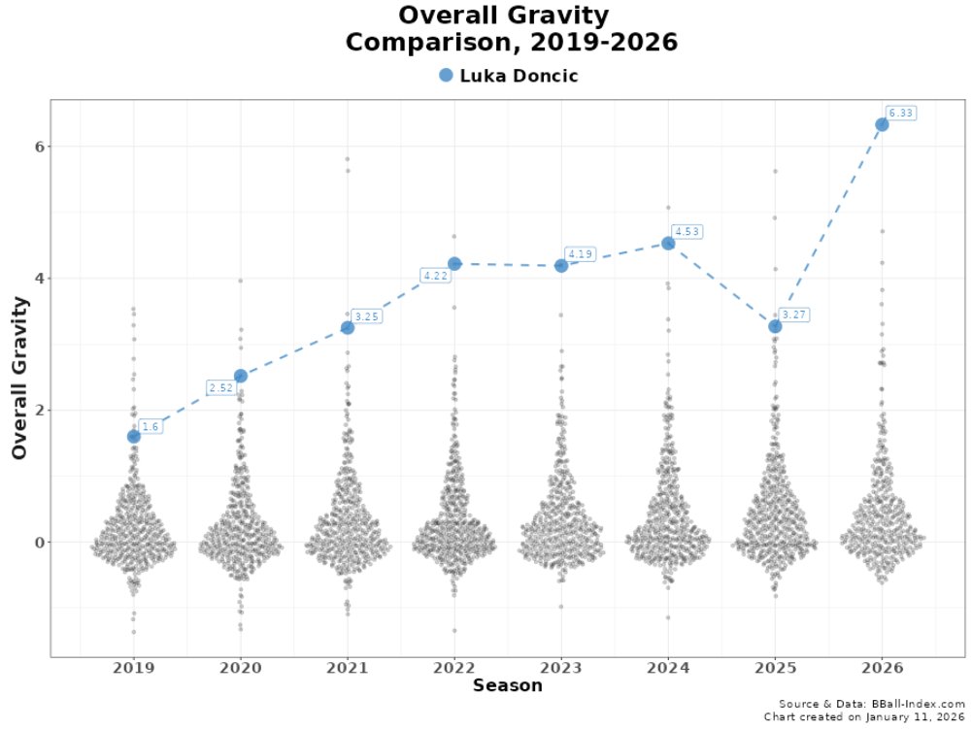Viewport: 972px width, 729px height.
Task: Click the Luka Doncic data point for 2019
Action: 133,436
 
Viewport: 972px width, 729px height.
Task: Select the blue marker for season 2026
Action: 882,124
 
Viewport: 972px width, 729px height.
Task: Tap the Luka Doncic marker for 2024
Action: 668,243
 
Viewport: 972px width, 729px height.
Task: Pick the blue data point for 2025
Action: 775,326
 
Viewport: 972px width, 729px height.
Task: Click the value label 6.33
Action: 901,114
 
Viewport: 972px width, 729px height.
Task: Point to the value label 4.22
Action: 436,276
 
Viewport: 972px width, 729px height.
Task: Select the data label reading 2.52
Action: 222,388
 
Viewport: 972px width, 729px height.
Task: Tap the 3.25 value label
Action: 366,316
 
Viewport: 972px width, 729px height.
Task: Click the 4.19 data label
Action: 580,254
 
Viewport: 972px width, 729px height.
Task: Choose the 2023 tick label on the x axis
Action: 560,668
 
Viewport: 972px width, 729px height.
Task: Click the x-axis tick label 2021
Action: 347,668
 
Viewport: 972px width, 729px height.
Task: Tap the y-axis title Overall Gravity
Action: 20,378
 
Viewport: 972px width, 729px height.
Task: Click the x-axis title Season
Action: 507,686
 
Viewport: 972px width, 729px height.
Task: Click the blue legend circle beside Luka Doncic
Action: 446,76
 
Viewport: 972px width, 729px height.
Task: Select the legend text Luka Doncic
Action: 519,76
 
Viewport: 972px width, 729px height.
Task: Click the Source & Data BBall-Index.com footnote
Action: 871,704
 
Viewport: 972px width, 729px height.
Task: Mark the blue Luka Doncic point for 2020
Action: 240,376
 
